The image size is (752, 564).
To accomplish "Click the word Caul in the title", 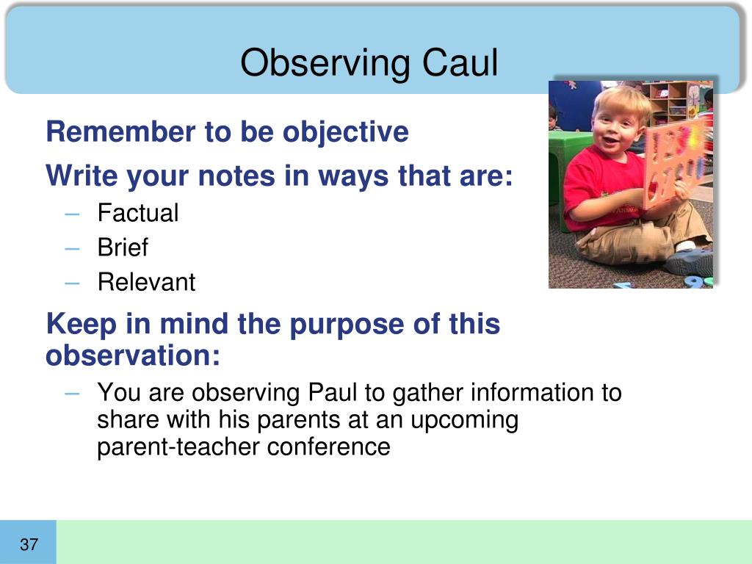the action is pos(460,62).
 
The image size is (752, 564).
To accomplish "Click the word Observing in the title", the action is pos(325,64).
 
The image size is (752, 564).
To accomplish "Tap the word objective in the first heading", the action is pos(345,132).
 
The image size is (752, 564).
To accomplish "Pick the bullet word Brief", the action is pos(123,247).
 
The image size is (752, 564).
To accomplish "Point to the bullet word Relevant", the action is pos(146,281).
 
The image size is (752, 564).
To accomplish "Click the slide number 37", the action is pos(29,544).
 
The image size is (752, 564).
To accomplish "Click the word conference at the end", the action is pos(328,447).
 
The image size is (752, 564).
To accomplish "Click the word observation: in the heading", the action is pos(133,355).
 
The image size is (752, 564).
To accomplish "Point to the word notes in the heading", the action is pos(236,176).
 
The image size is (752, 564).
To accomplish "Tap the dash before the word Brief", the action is pos(72,248).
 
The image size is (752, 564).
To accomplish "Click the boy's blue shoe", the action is pos(690,261).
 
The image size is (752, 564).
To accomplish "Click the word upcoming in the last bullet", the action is pos(464,421).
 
